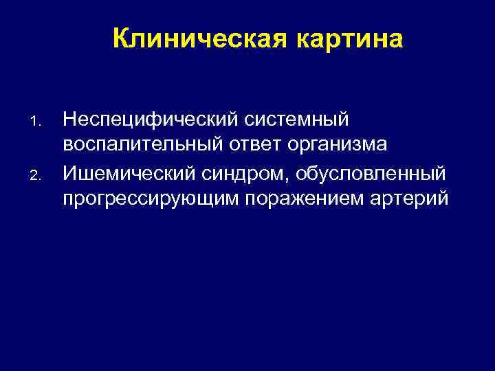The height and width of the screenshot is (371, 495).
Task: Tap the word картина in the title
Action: (349, 39)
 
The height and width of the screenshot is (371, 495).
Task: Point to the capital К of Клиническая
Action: (120, 39)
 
